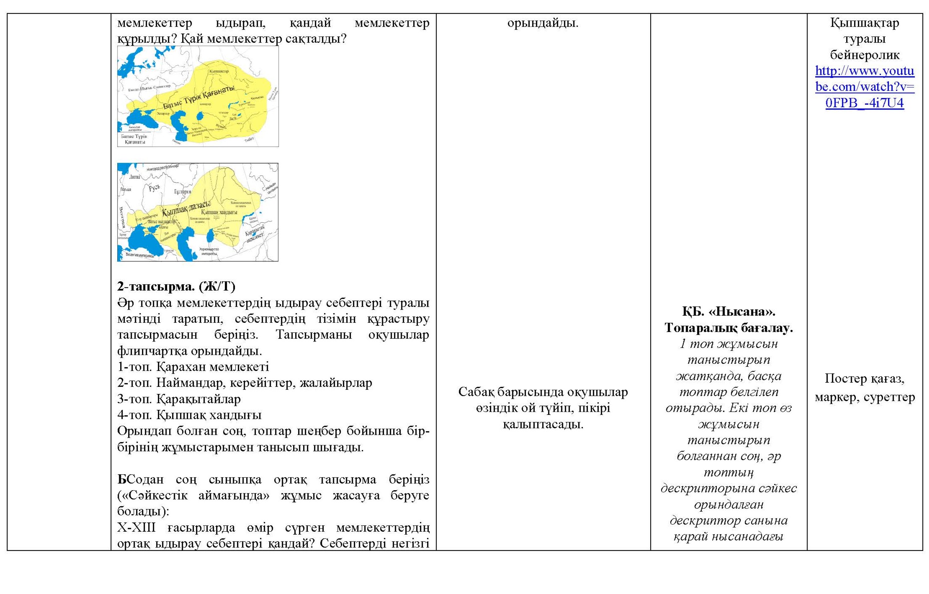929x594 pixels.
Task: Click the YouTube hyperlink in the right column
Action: [864, 87]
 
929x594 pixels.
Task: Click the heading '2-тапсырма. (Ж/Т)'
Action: [176, 286]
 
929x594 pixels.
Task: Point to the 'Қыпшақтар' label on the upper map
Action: [219, 71]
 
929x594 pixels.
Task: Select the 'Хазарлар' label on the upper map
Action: [163, 113]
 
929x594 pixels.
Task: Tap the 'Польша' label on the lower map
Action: [125, 189]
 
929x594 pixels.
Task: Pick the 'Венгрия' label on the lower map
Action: [122, 217]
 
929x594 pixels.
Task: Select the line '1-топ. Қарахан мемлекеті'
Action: [193, 367]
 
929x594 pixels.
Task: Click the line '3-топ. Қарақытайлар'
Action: [179, 399]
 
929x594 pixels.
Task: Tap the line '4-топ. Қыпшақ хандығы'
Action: [189, 415]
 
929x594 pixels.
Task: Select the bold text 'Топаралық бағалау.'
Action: [728, 327]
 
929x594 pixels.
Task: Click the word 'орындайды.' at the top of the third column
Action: [543, 23]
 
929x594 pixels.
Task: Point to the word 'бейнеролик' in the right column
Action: [864, 55]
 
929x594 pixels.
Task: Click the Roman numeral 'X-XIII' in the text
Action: [136, 527]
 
